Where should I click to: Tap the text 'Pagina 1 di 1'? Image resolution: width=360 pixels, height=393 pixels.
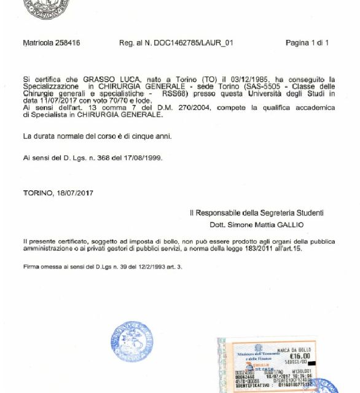pyautogui.click(x=307, y=43)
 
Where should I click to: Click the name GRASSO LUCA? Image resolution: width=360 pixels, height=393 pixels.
pyautogui.click(x=96, y=79)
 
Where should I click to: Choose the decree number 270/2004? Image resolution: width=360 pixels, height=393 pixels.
pyautogui.click(x=183, y=107)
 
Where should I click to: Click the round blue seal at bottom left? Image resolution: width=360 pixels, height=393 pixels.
pyautogui.click(x=132, y=341)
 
